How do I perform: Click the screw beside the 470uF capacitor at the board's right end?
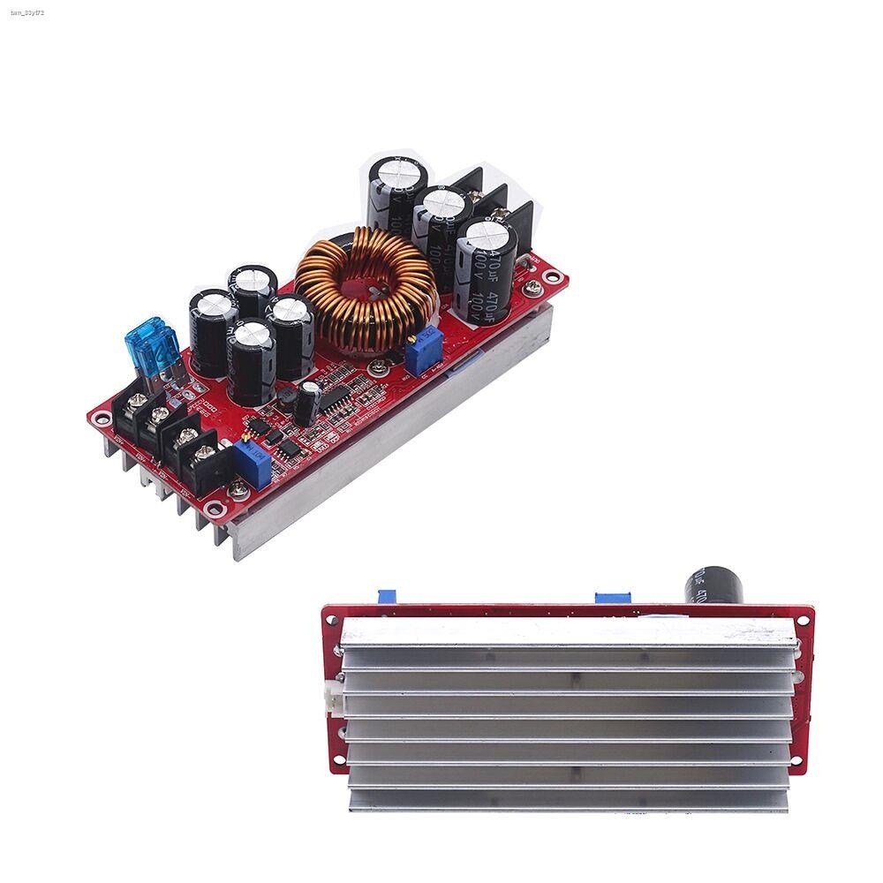534,287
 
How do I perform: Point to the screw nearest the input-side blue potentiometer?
236,487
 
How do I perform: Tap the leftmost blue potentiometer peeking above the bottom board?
385,599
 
